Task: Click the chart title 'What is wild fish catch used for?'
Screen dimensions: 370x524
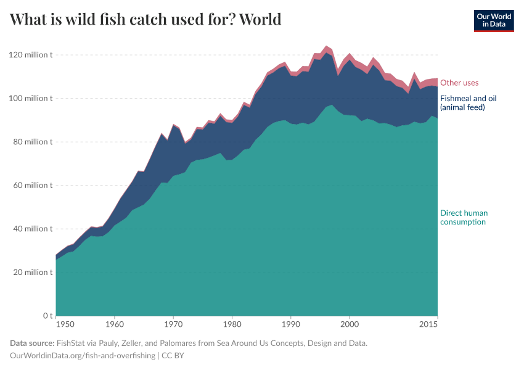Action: click(145, 20)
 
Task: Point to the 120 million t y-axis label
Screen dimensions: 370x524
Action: click(31, 55)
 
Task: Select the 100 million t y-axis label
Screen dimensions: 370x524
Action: click(31, 99)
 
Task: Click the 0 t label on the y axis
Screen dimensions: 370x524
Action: click(47, 316)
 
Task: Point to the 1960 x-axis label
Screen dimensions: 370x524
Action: click(114, 324)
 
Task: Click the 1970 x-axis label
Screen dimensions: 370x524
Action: click(173, 324)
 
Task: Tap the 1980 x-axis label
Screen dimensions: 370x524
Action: click(232, 324)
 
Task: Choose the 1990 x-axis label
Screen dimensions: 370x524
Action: click(291, 324)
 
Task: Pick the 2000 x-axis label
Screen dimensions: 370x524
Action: click(350, 324)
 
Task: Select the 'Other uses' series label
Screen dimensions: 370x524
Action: click(459, 83)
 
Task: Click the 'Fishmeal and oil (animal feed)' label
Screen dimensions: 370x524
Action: click(468, 102)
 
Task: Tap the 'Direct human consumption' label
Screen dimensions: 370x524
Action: click(464, 217)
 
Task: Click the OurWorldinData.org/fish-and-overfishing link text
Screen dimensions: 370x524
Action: click(83, 356)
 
